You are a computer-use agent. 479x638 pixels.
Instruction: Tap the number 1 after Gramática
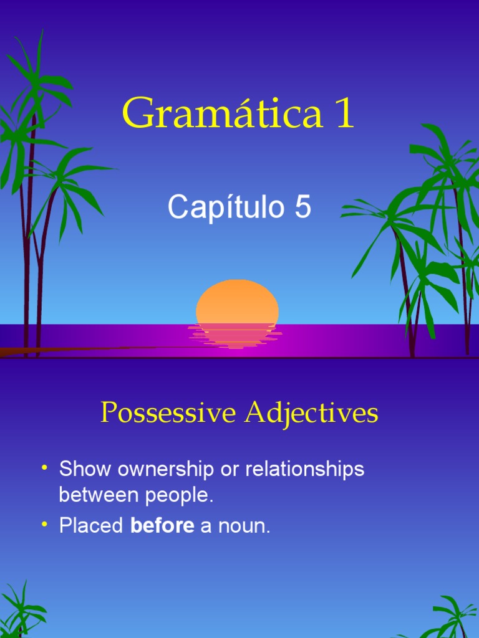pos(344,114)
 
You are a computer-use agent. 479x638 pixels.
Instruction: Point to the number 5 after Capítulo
pos(302,207)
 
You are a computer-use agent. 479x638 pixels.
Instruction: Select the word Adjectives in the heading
pos(312,412)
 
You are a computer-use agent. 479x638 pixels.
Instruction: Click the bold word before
pos(162,526)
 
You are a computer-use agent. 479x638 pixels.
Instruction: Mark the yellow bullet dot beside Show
pos(45,468)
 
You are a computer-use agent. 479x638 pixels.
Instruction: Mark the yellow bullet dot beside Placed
pos(45,525)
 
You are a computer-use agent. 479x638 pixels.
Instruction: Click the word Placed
pos(91,526)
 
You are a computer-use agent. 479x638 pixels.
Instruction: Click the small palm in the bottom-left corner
pos(22,611)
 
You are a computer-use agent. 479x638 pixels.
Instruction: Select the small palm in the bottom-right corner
pos(452,617)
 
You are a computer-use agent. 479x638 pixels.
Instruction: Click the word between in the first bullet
pos(99,496)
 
